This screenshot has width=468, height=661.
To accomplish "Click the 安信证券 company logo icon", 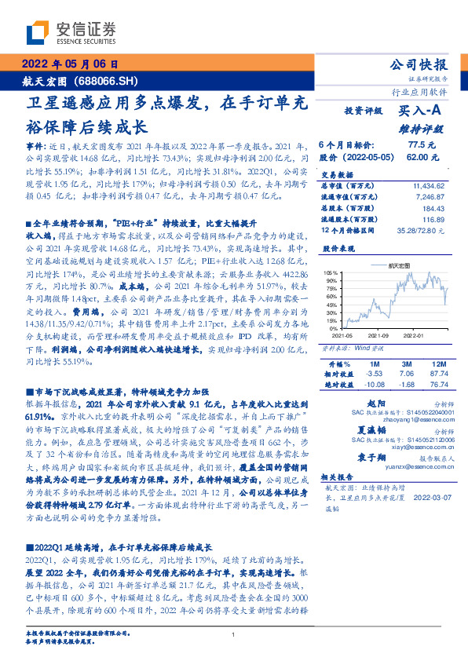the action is click(39, 33).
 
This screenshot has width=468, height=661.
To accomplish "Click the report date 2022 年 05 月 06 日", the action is click(69, 64).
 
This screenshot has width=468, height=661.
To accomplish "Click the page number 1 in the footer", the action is click(233, 635).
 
